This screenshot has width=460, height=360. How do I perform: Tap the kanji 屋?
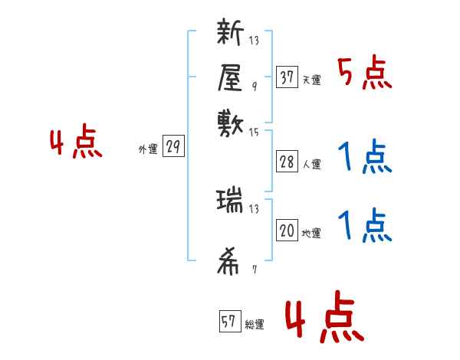tap(230, 77)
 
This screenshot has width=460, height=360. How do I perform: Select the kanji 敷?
tap(230, 121)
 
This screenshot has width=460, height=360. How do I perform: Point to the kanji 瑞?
tap(230, 201)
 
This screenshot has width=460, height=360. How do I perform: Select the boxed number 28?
tap(287, 162)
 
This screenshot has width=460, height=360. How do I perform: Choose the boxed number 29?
tap(173, 148)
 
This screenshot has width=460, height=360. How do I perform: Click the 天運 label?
tap(311, 80)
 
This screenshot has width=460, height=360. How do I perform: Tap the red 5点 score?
tap(364, 74)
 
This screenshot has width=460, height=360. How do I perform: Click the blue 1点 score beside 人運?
tap(364, 159)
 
